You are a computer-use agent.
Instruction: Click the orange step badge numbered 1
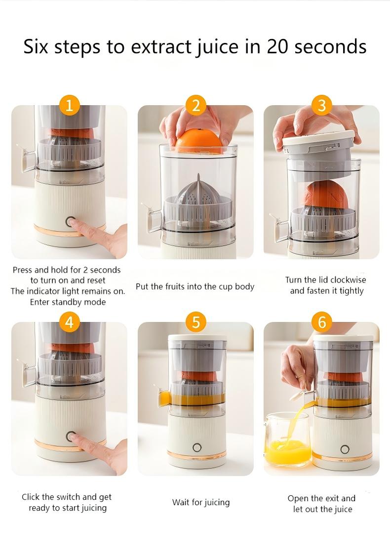69,105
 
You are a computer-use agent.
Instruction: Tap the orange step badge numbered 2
196,105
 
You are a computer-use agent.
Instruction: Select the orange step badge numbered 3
322,105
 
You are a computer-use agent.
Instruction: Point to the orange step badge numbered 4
69,322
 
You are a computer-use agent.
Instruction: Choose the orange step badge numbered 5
196,322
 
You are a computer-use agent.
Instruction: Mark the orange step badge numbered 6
322,322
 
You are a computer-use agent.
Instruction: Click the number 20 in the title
280,46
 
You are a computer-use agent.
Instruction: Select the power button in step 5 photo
197,448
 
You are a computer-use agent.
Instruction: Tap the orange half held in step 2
199,140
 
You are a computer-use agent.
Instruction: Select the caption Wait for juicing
201,502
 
